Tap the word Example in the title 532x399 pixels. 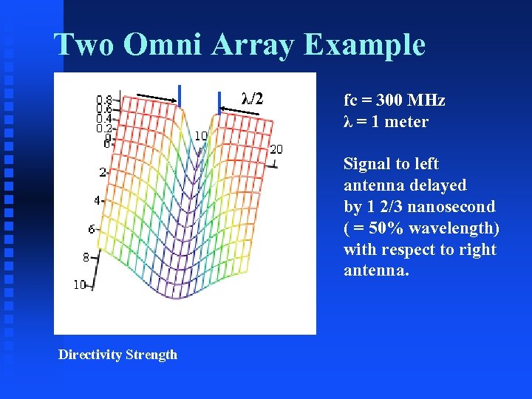(x=364, y=44)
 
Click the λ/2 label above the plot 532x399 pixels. (x=252, y=98)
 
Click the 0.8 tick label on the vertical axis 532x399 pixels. (x=104, y=99)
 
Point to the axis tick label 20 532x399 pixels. (x=276, y=150)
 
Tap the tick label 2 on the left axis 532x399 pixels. (x=103, y=172)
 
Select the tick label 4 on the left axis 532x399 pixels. (x=97, y=200)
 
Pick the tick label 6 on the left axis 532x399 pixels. (x=92, y=229)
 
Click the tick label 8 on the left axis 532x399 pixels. (x=86, y=258)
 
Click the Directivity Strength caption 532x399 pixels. (x=118, y=355)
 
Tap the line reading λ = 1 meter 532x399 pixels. (x=386, y=122)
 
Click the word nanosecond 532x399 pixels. (x=451, y=207)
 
